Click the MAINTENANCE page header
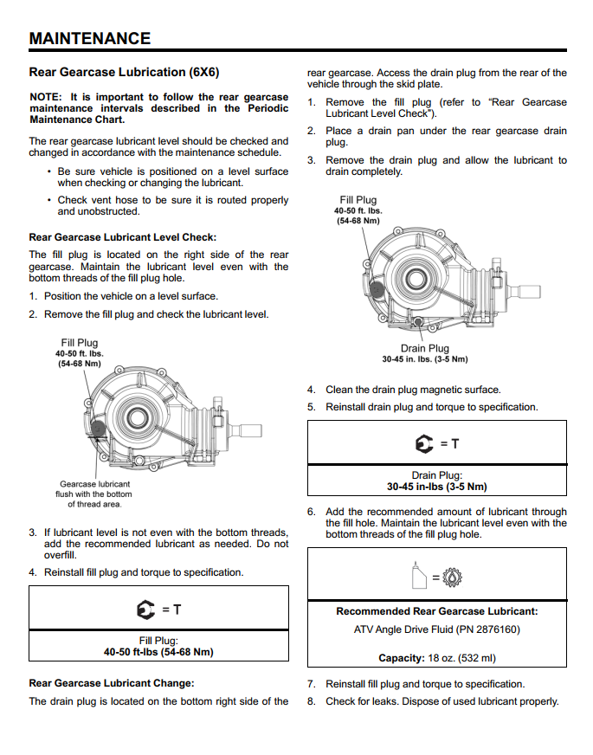(x=90, y=38)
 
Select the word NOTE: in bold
(x=45, y=97)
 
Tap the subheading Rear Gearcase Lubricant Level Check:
(x=123, y=236)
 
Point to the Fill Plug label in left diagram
(x=80, y=343)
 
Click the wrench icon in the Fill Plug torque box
(x=145, y=610)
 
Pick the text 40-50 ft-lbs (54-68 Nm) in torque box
(x=158, y=652)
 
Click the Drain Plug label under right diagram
(x=424, y=348)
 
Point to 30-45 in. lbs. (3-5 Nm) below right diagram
(x=424, y=359)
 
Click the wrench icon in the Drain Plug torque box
(x=424, y=444)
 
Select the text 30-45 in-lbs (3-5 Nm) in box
(x=436, y=487)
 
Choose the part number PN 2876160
(x=486, y=629)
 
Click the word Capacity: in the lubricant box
(x=401, y=658)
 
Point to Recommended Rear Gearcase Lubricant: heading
(x=436, y=611)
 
